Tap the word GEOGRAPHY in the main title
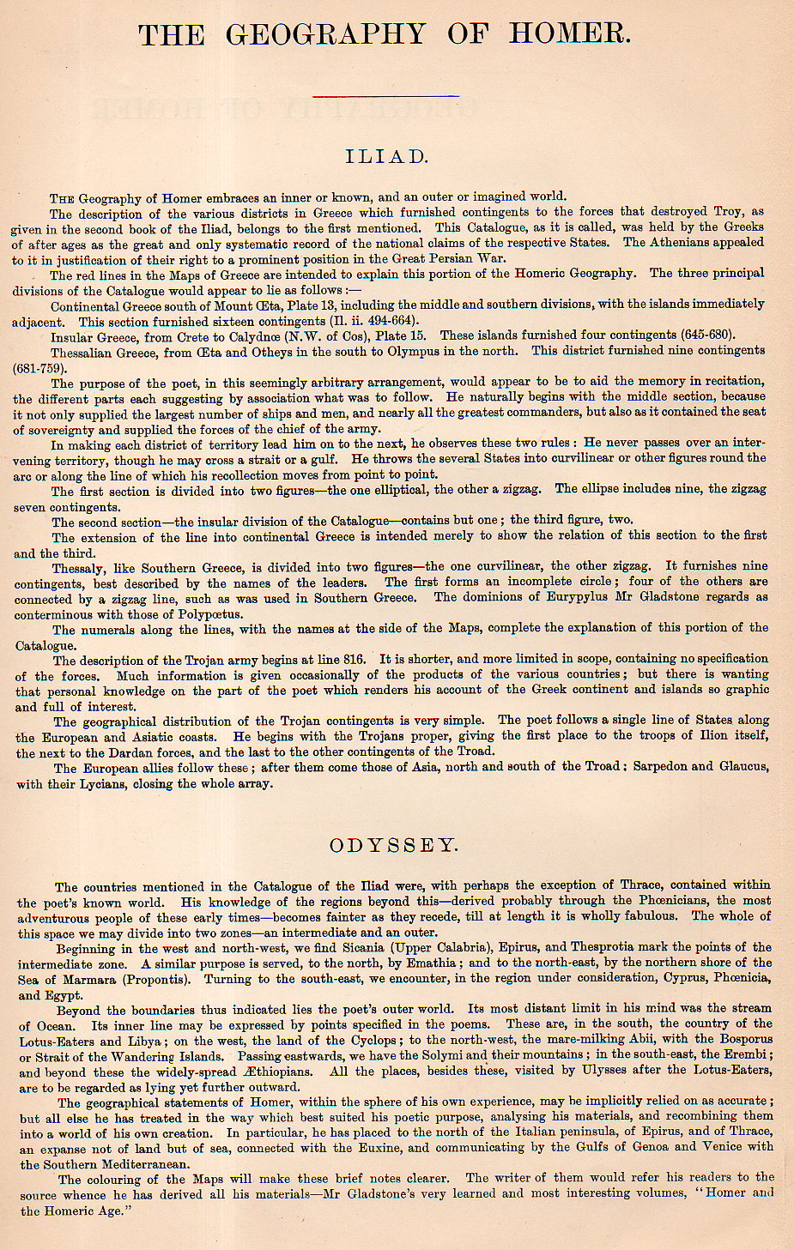point(325,34)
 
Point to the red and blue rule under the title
point(387,96)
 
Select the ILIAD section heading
point(386,156)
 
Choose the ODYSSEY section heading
point(394,845)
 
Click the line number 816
point(354,660)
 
